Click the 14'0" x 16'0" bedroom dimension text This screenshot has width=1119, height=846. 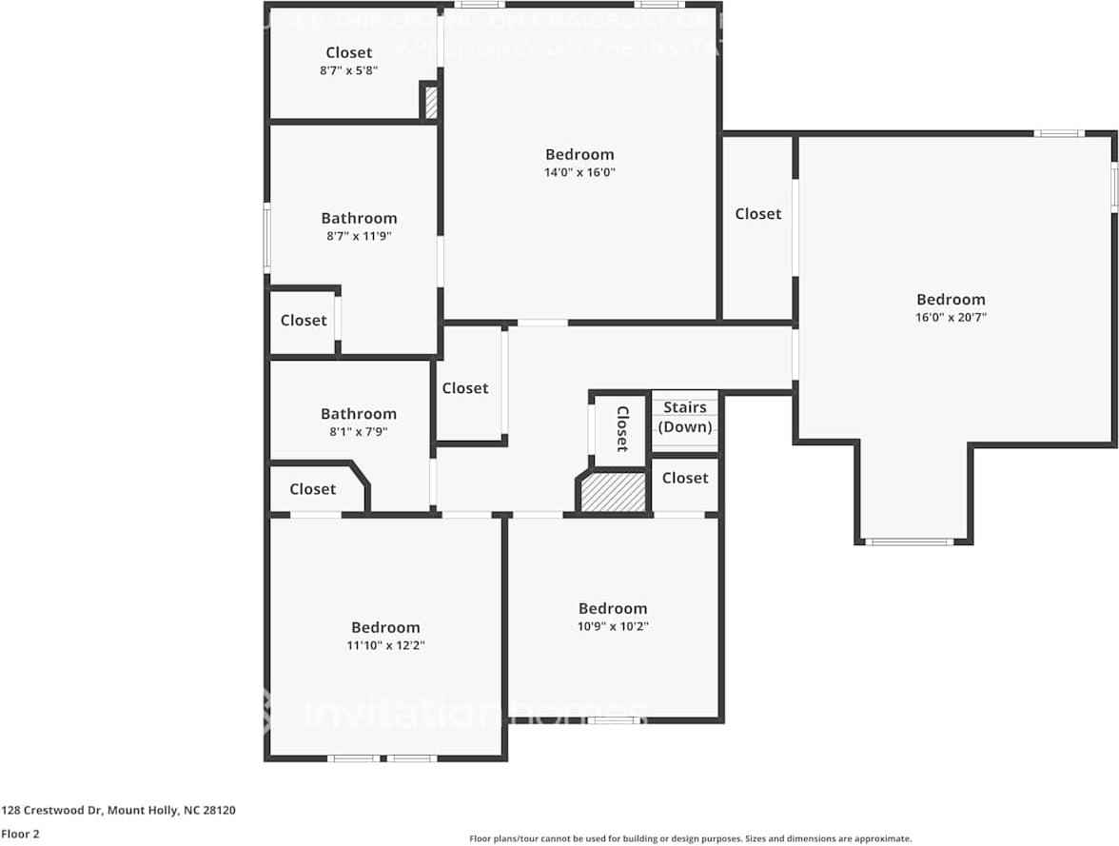tap(579, 172)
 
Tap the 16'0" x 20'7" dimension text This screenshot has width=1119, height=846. tap(951, 318)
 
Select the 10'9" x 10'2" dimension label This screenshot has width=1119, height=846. tap(613, 626)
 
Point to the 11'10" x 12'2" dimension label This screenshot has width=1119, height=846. tap(385, 645)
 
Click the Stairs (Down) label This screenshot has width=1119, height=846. tap(685, 417)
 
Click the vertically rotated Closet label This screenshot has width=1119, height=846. tap(622, 428)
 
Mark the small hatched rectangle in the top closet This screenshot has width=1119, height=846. tap(430, 102)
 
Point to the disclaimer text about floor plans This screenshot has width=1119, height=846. tap(690, 838)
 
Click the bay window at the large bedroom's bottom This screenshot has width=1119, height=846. tap(909, 541)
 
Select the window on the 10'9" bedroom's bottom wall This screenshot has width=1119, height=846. tap(612, 719)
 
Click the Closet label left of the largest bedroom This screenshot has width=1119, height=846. tap(758, 214)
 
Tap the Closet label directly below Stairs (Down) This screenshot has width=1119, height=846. tap(685, 478)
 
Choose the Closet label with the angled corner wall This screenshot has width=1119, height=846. tap(313, 489)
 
